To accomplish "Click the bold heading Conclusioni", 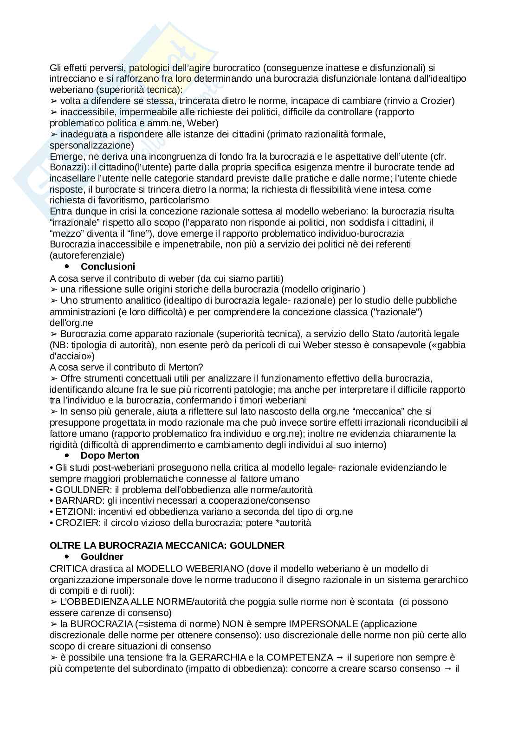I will pyautogui.click(x=108, y=266).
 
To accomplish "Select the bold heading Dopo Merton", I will pyautogui.click(x=110, y=455).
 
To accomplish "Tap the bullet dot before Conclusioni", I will pyautogui.click(x=67, y=266).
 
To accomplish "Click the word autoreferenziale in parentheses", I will pyautogui.click(x=87, y=255).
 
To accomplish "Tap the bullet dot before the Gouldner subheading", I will pyautogui.click(x=67, y=556).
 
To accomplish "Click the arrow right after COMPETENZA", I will pyautogui.click(x=340, y=657).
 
